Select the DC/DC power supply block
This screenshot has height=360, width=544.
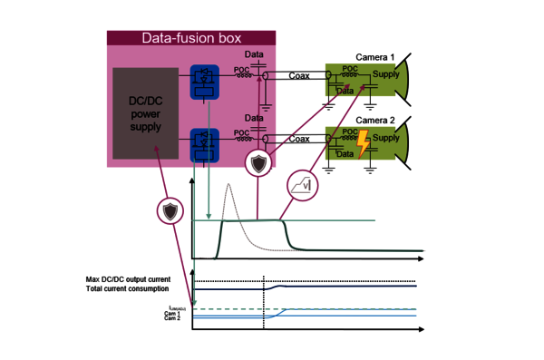[x=145, y=114]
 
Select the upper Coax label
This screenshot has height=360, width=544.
[x=299, y=75]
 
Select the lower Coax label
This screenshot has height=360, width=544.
[x=299, y=139]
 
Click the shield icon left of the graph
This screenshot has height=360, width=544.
[x=170, y=211]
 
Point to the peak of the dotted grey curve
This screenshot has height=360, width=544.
[x=229, y=186]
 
